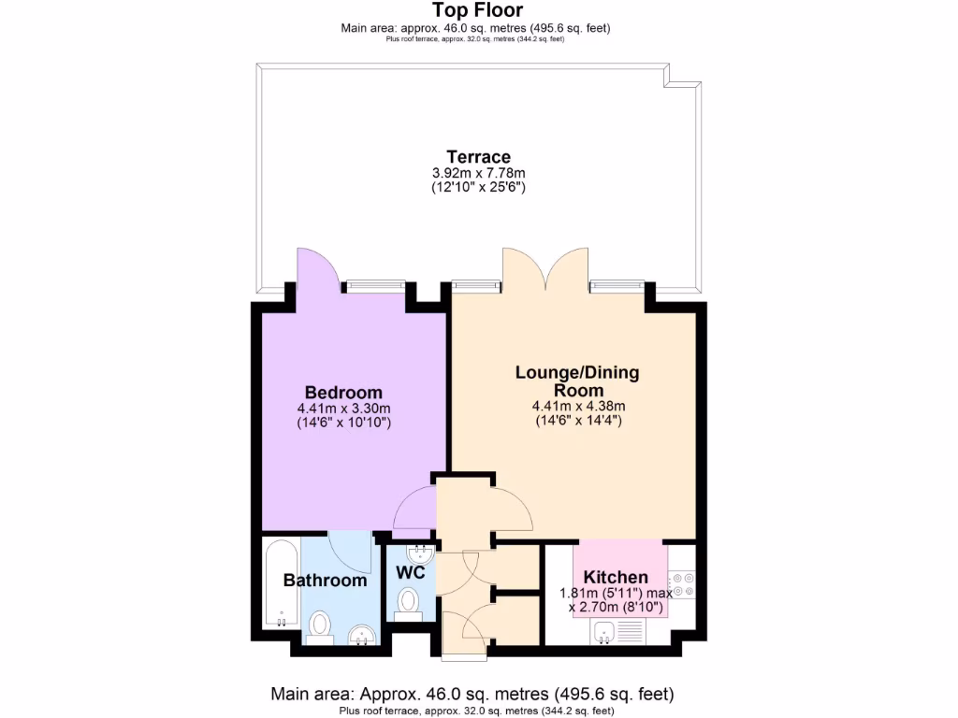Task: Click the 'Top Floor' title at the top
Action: pos(477,10)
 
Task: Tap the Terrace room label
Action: pos(478,157)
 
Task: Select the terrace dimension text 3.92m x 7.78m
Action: pos(478,173)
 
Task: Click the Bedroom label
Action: pos(343,392)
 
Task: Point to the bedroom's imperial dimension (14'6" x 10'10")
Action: pos(343,423)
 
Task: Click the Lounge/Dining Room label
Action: pos(577,381)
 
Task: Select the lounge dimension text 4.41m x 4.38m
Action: pos(577,406)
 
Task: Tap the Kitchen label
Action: pos(616,577)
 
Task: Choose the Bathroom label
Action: pos(326,581)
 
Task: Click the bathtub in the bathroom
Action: pos(280,584)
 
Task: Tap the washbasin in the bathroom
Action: pos(360,636)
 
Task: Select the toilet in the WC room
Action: pos(409,602)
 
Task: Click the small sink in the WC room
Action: pos(422,552)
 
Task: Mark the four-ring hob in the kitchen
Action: pos(682,584)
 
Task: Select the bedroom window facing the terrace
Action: pos(374,284)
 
